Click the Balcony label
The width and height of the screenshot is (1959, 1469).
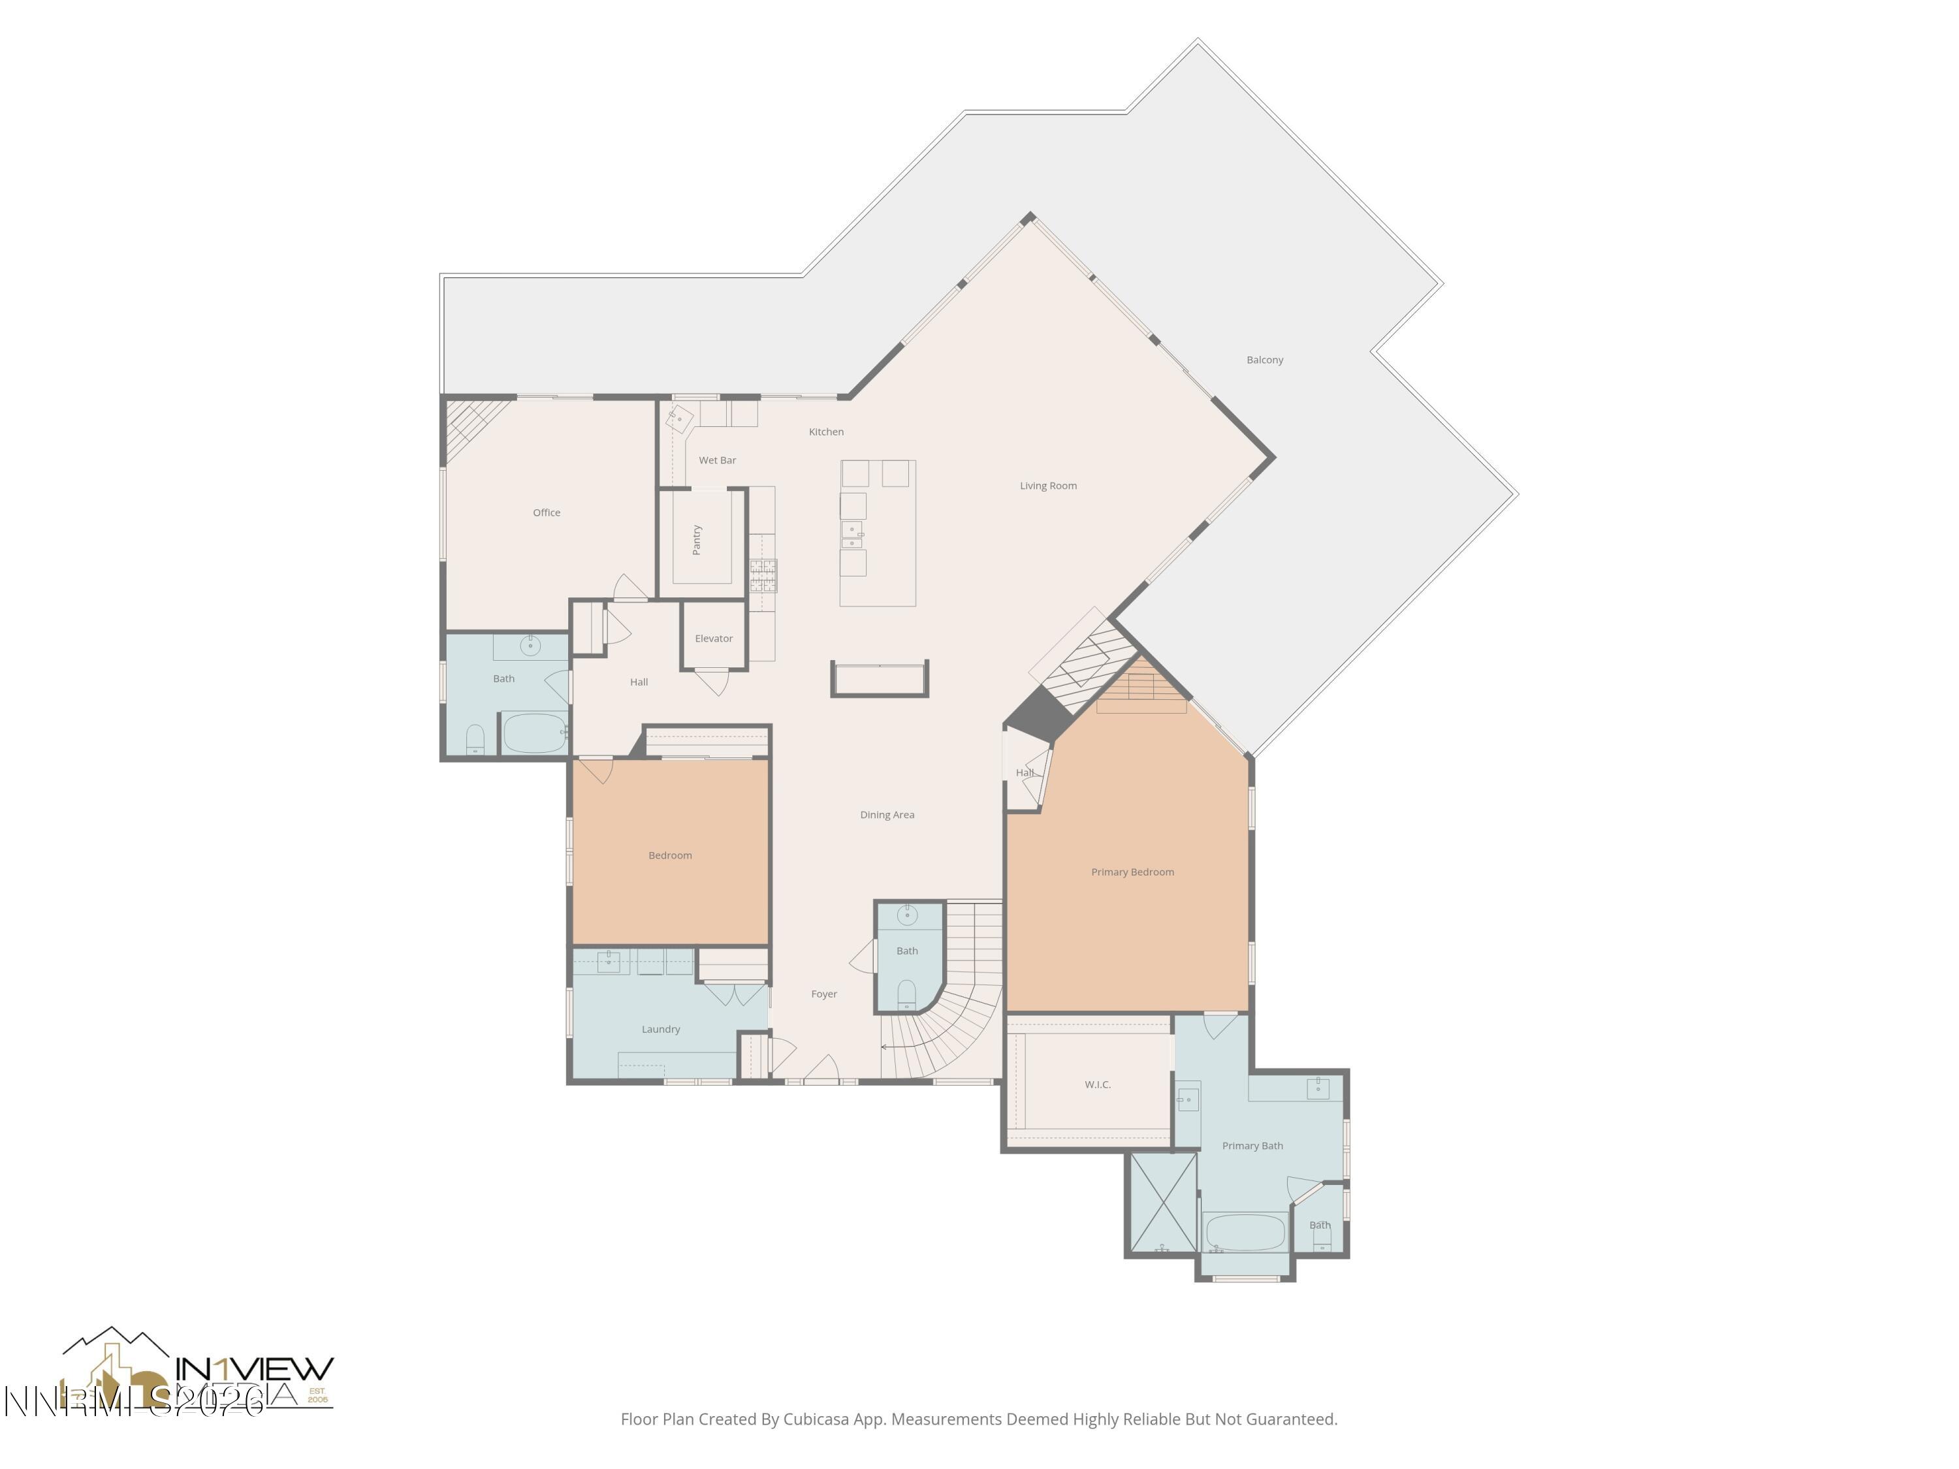[x=1264, y=360]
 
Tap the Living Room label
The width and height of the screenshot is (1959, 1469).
[x=1047, y=485]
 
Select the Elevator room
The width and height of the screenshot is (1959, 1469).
[x=713, y=637]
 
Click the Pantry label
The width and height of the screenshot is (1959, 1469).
[x=697, y=539]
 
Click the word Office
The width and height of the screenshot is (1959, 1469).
[x=547, y=512]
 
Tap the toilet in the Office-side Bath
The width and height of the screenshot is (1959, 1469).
[x=475, y=738]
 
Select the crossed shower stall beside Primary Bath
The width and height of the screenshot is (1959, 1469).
[x=1162, y=1201]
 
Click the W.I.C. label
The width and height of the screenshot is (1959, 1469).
[x=1097, y=1084]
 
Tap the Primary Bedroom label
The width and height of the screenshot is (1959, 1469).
[x=1132, y=872]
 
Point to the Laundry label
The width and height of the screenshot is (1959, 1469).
[x=661, y=1028]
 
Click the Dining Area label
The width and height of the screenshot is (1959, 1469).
[x=887, y=813]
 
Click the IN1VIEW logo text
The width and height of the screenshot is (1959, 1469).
[x=254, y=1368]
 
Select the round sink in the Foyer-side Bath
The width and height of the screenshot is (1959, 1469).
[x=907, y=914]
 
